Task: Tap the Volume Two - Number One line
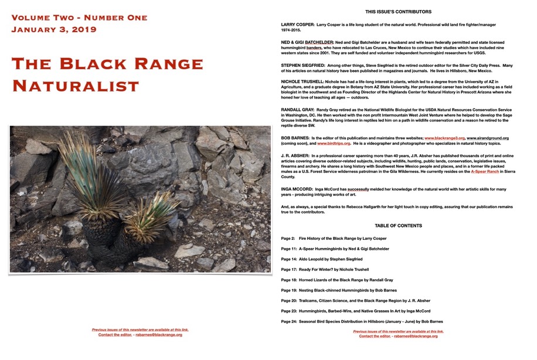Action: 79,17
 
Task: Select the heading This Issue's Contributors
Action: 398,12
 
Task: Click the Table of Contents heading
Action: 398,226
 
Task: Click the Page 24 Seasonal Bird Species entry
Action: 362,321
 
